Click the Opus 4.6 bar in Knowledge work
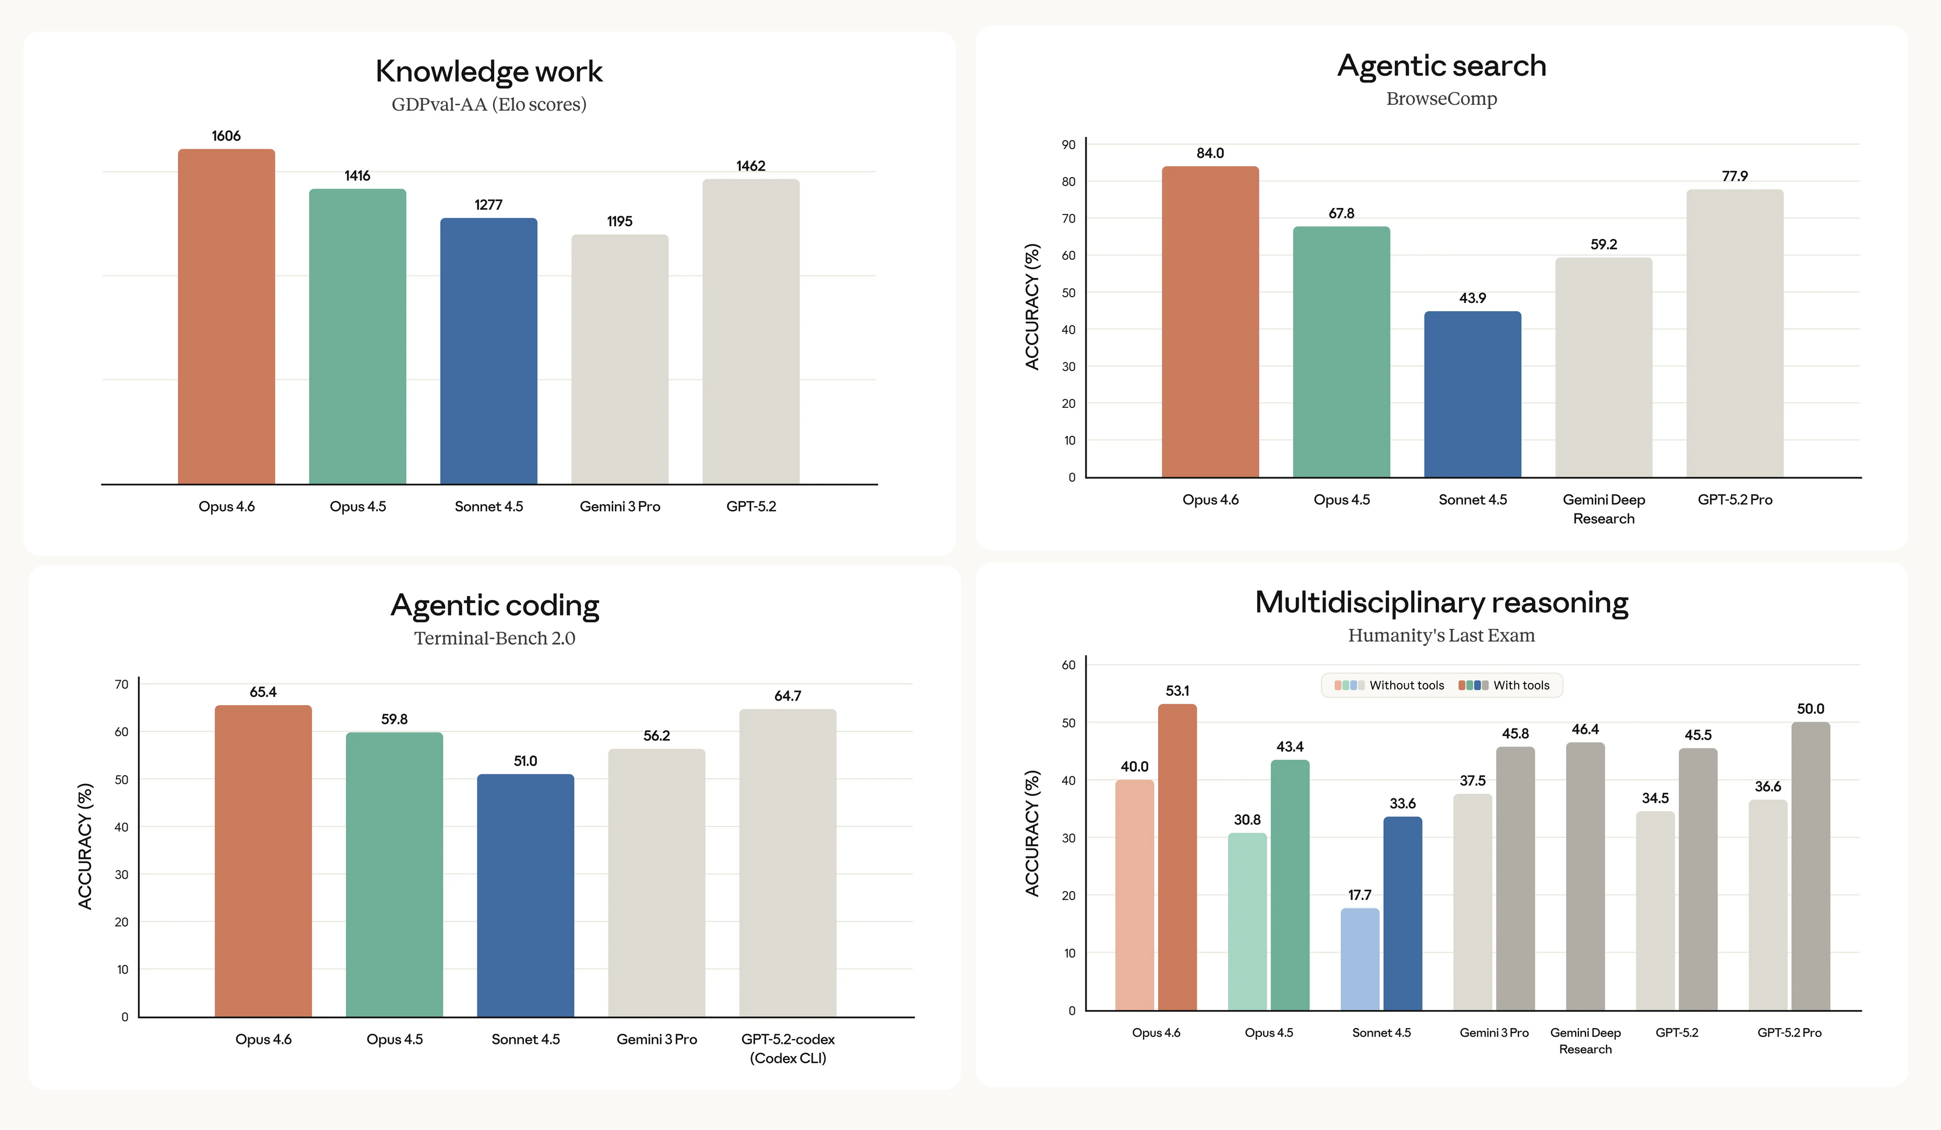226,316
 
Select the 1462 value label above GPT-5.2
751,166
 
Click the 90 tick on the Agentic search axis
1068,145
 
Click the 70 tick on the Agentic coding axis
122,684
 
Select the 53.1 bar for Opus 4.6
1177,857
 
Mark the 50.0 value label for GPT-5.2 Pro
1810,709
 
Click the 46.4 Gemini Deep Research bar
1585,876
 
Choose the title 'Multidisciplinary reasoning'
1441,603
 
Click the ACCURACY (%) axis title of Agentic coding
85,846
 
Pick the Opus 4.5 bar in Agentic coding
395,874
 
